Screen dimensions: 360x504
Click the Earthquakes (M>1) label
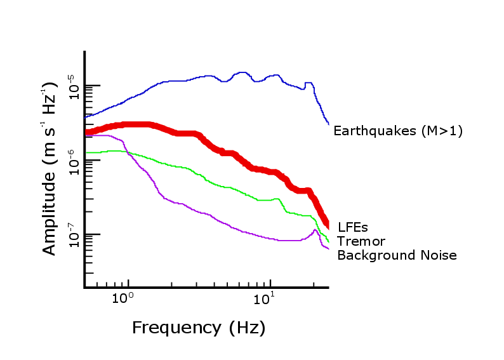pos(398,131)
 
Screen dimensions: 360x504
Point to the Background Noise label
pos(397,255)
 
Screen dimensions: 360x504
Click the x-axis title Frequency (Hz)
pos(198,328)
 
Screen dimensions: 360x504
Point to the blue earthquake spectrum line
pos(178,81)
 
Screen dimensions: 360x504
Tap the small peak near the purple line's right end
pos(315,230)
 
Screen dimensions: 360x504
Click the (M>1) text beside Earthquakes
pos(442,131)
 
